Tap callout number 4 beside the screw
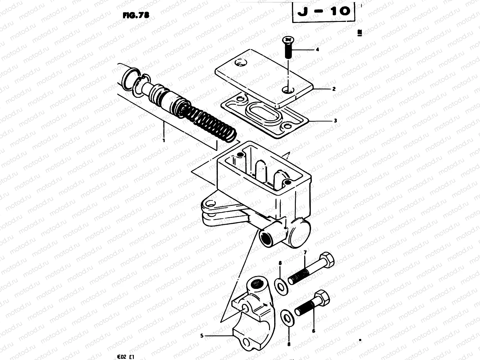(317, 49)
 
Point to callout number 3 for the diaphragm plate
(335, 121)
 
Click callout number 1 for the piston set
(164, 140)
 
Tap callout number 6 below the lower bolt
(313, 331)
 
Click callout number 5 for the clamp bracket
(202, 336)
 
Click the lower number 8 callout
(289, 344)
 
